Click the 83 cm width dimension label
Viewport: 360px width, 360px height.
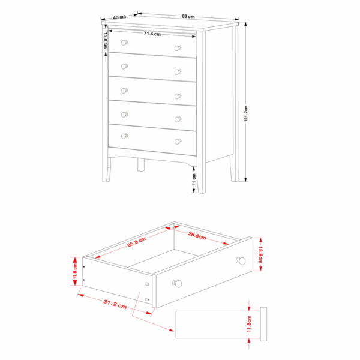pos(188,17)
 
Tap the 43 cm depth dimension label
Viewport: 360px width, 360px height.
pos(119,17)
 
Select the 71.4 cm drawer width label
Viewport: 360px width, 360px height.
pos(152,34)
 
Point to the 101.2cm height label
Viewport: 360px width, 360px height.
pos(246,113)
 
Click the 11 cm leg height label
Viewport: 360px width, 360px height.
pos(194,179)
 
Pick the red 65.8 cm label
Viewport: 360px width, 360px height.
pos(136,242)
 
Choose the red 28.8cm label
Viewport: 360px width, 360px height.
pos(197,235)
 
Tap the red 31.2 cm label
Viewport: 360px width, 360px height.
pos(115,304)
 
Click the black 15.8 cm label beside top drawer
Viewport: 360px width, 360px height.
pos(105,40)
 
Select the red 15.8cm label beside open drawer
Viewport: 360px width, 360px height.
pos(260,254)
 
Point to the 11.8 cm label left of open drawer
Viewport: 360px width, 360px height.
pos(75,271)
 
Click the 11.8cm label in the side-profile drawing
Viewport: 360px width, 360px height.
pos(249,324)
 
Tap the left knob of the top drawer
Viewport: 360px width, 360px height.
pos(124,43)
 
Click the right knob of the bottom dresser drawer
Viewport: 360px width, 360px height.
pos(178,142)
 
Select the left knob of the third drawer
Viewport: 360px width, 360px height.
pos(124,91)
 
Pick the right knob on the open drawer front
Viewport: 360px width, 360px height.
pos(241,261)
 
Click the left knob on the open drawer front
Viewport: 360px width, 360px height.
pos(177,284)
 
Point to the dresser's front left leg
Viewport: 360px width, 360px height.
pos(106,169)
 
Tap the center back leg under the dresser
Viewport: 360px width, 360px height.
pos(141,164)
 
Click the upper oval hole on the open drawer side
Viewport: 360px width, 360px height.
pos(147,284)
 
